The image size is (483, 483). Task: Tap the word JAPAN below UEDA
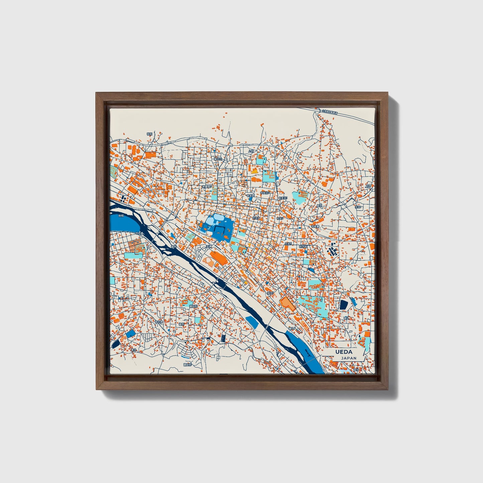click(348, 358)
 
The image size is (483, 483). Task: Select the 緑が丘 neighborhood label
click(218, 159)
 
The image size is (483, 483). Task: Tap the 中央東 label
click(315, 226)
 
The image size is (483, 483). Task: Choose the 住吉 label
click(358, 207)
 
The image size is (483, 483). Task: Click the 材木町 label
click(303, 246)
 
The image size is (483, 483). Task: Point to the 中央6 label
click(288, 244)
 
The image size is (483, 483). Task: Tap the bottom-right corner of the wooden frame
click(388, 389)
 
